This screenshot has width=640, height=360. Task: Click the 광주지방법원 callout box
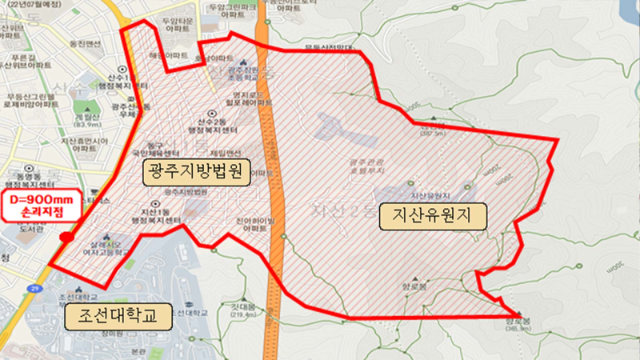[x=197, y=171]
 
